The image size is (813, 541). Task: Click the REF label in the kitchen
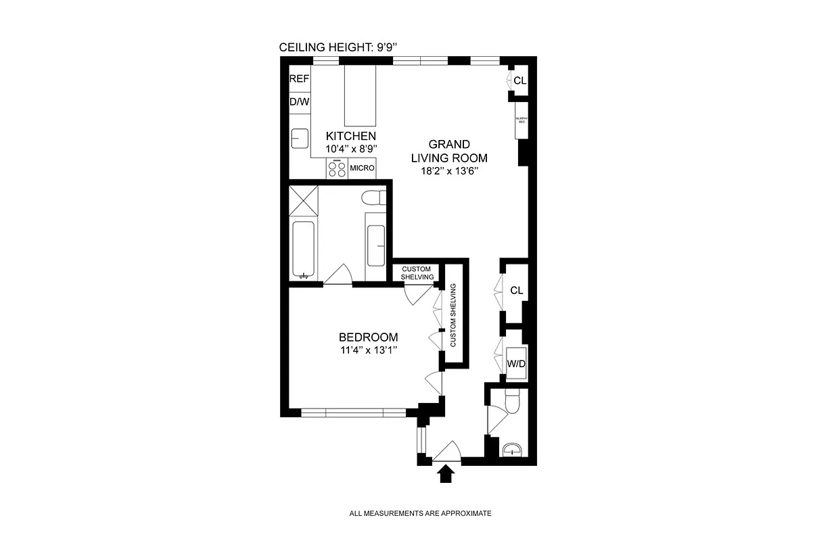pos(299,79)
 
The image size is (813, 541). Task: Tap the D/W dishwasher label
pos(299,102)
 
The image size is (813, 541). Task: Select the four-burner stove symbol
pos(337,168)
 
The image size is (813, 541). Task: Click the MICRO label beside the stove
pos(362,168)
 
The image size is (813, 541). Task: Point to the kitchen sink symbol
pos(300,139)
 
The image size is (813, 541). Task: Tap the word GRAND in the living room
pos(449,145)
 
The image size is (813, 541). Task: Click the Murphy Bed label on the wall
pos(521,120)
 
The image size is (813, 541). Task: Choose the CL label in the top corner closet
pos(519,80)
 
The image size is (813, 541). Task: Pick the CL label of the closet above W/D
pos(517,291)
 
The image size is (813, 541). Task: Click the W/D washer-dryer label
pos(517,364)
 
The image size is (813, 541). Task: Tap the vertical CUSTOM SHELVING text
pos(453,315)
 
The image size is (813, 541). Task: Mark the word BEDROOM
pos(368,337)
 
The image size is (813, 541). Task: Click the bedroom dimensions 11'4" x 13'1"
pos(368,350)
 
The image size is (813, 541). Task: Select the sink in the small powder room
pos(512,449)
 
